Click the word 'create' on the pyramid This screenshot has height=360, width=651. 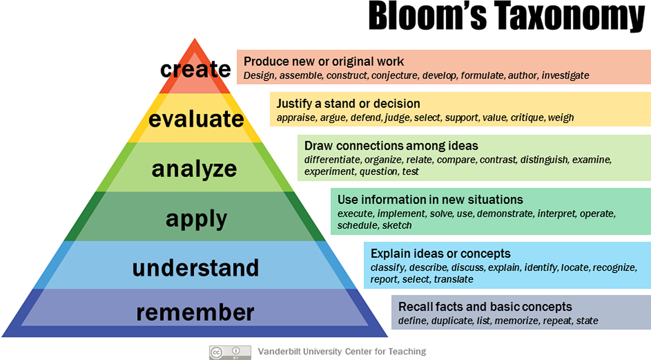pos(195,69)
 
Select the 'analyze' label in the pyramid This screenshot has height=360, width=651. pos(194,170)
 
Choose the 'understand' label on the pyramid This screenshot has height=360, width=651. pos(196,268)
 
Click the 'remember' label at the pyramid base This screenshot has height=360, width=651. pos(195,312)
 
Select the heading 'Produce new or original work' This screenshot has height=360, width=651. pos(324,61)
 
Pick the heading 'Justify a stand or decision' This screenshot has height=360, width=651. pos(348,103)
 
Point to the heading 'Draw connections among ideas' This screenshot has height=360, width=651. pos(391,146)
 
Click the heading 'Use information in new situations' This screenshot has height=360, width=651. pos(430,200)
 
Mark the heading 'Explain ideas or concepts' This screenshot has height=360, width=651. pos(440,254)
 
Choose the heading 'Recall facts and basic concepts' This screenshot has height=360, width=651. pos(485,307)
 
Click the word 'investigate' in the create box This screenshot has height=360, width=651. pos(565,76)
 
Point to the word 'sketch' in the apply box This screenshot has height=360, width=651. pos(397,225)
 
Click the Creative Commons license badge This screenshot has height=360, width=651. pos(230,352)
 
